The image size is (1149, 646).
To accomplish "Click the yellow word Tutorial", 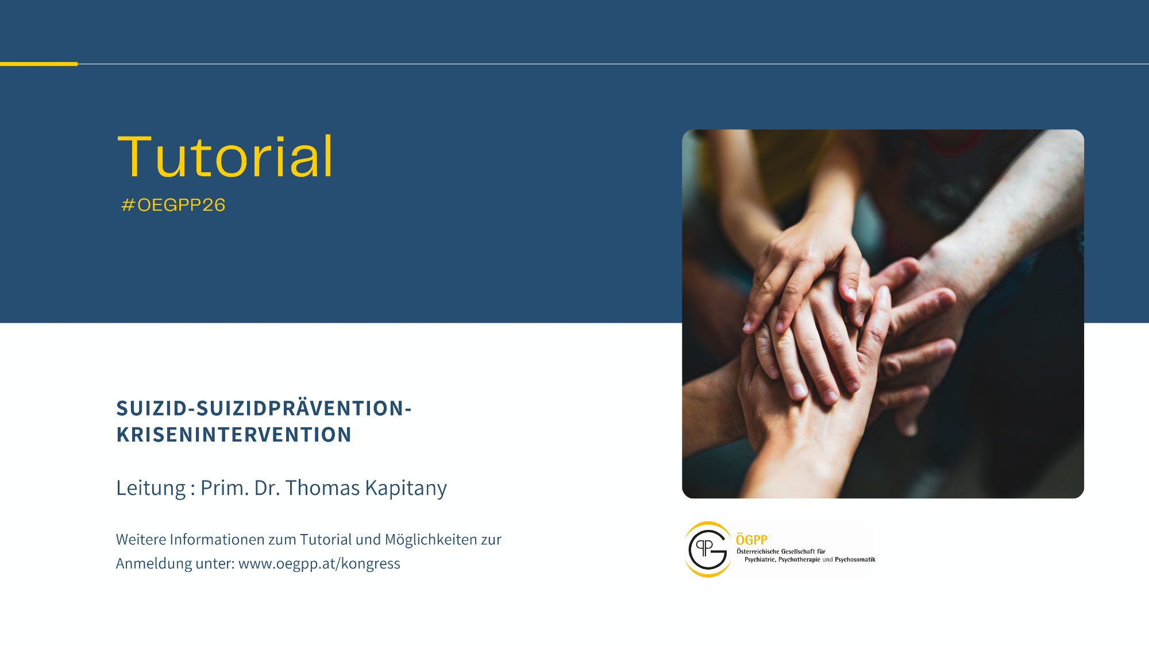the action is pos(225,156).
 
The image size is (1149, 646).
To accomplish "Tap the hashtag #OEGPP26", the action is pos(173,205).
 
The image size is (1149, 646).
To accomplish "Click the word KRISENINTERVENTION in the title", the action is pos(234,435).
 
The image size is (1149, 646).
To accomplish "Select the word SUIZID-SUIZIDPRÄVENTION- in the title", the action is pos(264,408).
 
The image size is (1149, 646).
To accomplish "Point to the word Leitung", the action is pos(151,488).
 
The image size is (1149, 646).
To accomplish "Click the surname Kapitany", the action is pos(406,488).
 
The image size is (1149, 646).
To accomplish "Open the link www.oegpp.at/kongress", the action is pos(319,564).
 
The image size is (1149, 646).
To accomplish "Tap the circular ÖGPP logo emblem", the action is pos(708,550).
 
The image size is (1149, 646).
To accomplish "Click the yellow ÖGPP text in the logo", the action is pos(751,540).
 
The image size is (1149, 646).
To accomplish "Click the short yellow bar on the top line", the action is pos(38,64).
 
